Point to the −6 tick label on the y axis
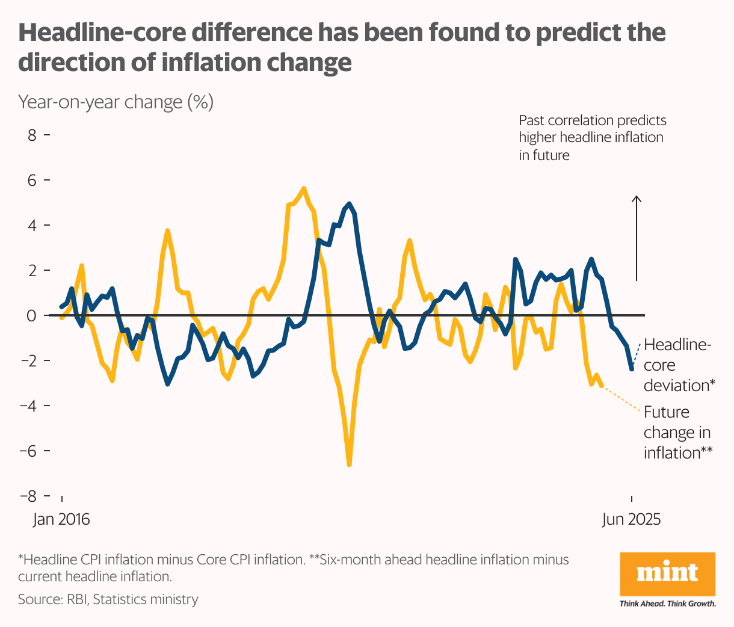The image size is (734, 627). [x=28, y=451]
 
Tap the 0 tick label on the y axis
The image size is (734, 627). [x=32, y=315]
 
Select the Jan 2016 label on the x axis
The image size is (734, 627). [x=61, y=519]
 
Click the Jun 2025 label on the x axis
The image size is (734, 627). [x=631, y=519]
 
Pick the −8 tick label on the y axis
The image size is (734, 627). [x=28, y=496]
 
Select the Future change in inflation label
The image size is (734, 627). [x=677, y=433]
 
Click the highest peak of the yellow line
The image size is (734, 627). [x=304, y=188]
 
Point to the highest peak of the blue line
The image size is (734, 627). [x=350, y=203]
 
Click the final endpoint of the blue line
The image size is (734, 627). [x=632, y=369]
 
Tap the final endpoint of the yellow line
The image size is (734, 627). [x=601, y=386]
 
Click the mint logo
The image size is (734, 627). [x=667, y=573]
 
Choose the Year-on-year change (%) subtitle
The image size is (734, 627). [x=116, y=102]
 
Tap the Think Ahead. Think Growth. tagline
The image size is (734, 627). [x=668, y=604]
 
